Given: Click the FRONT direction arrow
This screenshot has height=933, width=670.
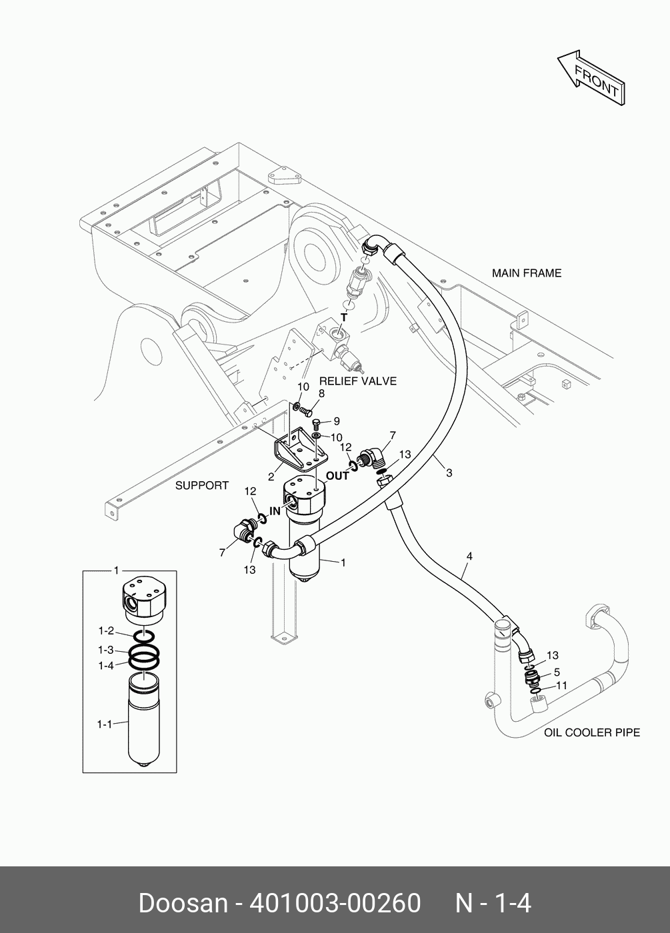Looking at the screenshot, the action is point(592,79).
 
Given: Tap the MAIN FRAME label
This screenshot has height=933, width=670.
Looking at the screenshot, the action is point(527,273).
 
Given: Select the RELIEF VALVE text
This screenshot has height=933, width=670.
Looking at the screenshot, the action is point(358,381).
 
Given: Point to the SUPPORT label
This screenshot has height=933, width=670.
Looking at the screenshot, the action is point(201,485).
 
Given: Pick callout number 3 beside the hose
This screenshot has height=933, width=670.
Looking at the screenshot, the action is point(449,472).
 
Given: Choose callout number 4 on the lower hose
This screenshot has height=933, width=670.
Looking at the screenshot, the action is point(469,556).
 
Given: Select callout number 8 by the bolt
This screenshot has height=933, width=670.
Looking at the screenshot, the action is point(321,394).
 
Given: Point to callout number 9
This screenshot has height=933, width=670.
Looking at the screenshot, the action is point(337,421).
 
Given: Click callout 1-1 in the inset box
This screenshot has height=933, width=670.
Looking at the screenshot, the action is point(105,724).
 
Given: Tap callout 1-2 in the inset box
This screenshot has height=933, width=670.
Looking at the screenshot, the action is point(106,630).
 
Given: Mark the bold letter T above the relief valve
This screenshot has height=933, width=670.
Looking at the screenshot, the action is point(344,317).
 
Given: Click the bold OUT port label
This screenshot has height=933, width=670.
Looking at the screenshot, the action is point(337,476).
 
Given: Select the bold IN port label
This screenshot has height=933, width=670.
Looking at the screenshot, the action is point(275,511).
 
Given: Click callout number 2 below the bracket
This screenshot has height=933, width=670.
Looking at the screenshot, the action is point(271,477).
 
